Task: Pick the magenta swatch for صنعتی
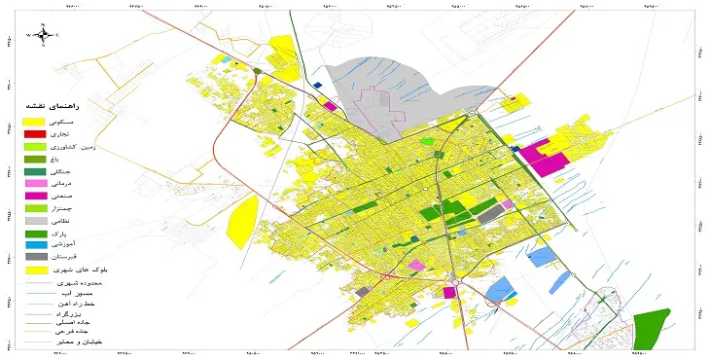point(34,196)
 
